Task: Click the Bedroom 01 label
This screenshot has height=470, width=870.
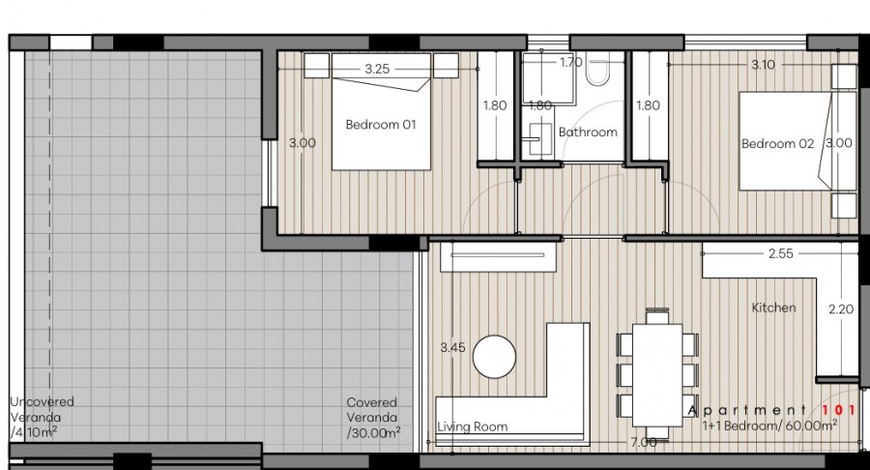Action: tap(381, 125)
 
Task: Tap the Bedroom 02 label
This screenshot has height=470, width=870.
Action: tap(777, 144)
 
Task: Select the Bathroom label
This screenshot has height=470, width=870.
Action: tap(588, 132)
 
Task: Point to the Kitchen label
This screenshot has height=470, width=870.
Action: tap(774, 308)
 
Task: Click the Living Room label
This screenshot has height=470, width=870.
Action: tap(472, 426)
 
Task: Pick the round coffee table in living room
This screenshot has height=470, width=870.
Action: tap(496, 357)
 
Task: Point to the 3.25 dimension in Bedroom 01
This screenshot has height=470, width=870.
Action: tap(377, 69)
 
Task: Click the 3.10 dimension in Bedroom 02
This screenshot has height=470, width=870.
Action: tap(763, 65)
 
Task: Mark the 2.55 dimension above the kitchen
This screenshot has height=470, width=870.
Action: tap(781, 254)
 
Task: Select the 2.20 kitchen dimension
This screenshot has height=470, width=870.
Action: tap(841, 310)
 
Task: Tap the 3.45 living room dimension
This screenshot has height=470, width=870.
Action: tap(453, 346)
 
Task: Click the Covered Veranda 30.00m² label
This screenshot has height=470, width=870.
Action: tap(374, 418)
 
